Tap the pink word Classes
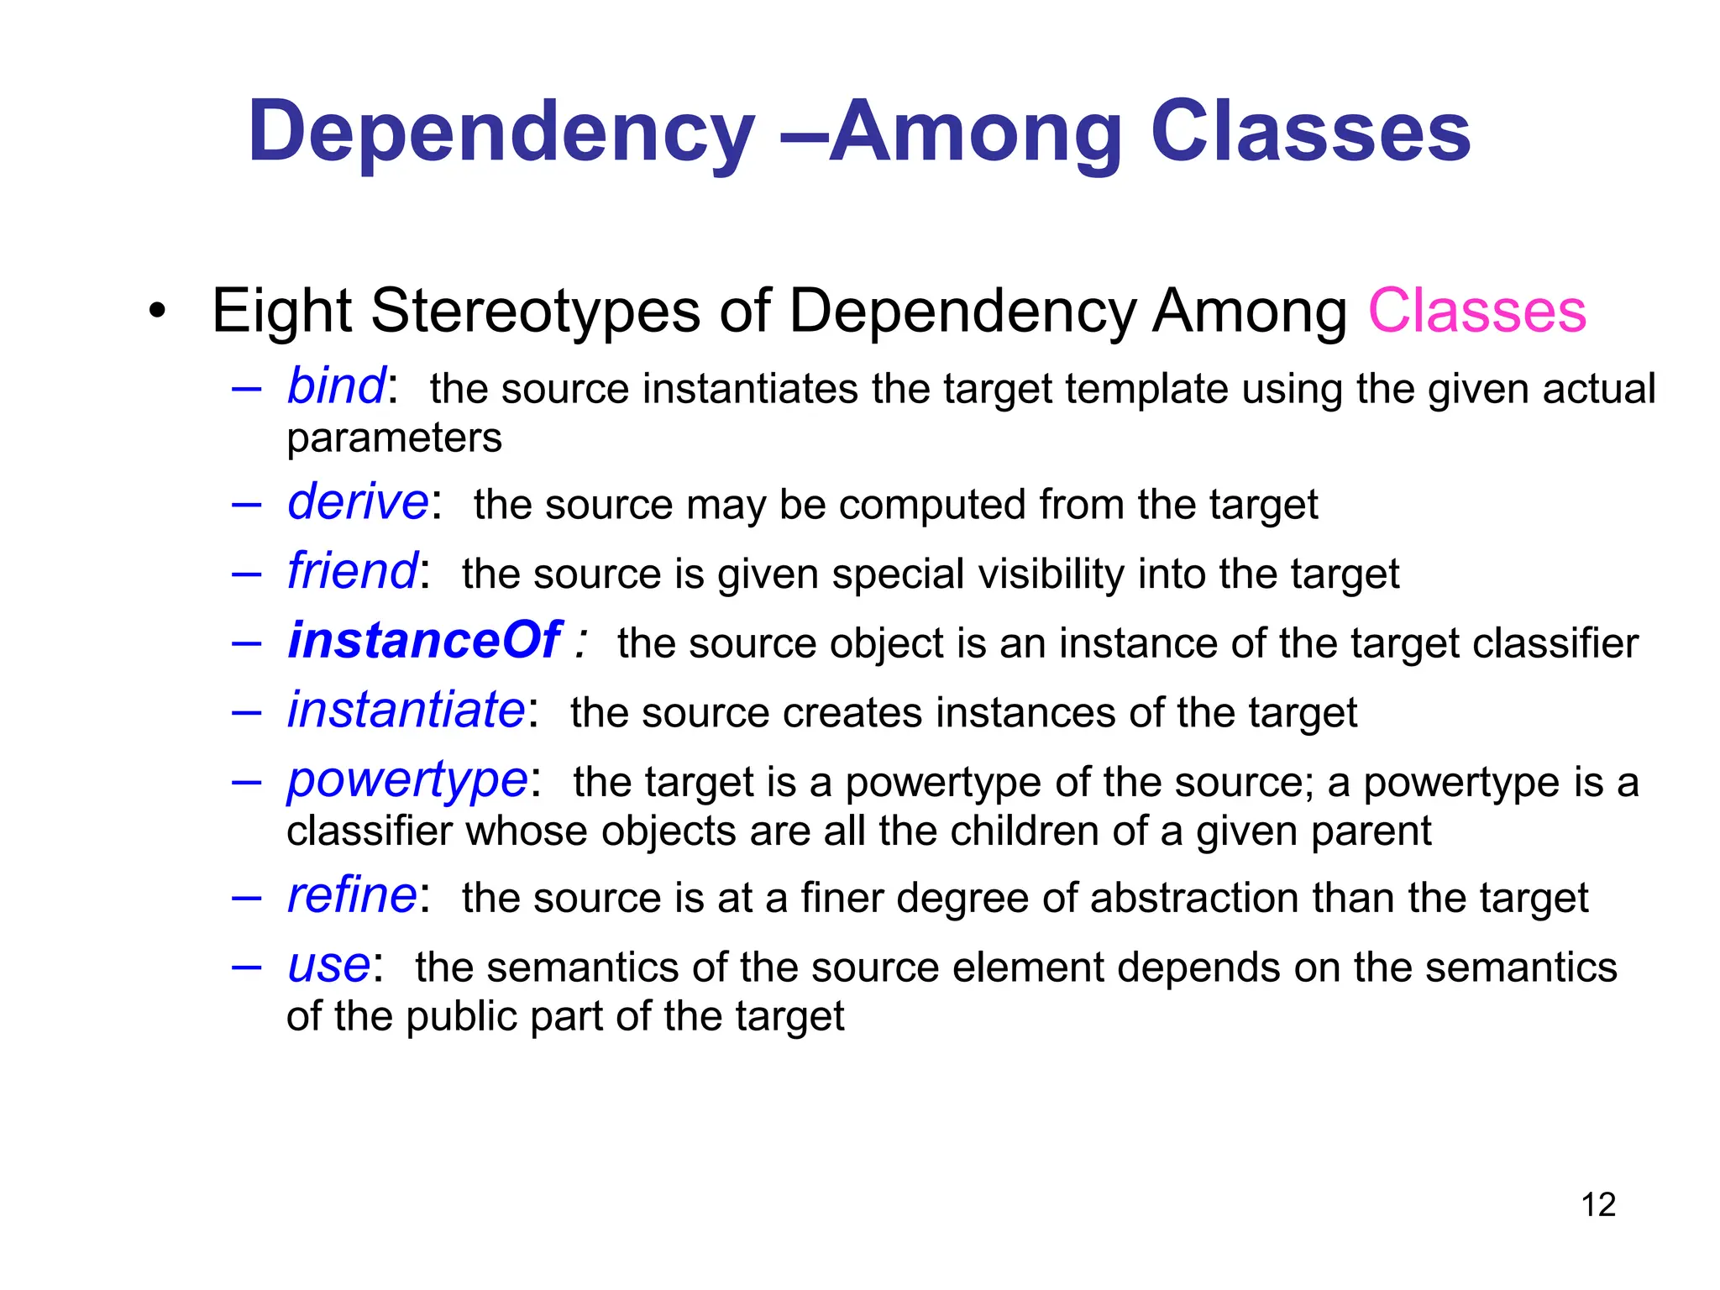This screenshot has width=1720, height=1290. [x=1477, y=311]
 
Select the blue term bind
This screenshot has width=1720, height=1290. [x=336, y=386]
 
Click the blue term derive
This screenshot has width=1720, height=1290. [x=358, y=502]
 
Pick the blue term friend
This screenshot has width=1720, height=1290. [x=352, y=572]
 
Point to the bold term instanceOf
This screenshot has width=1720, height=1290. [x=424, y=641]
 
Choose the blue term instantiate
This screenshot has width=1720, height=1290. [x=406, y=711]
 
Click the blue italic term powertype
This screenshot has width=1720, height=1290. [x=407, y=781]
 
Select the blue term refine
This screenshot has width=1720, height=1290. [x=352, y=895]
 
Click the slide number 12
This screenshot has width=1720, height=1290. [x=1598, y=1205]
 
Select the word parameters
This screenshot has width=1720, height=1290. [x=394, y=438]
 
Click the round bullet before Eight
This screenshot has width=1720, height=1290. [x=157, y=312]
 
